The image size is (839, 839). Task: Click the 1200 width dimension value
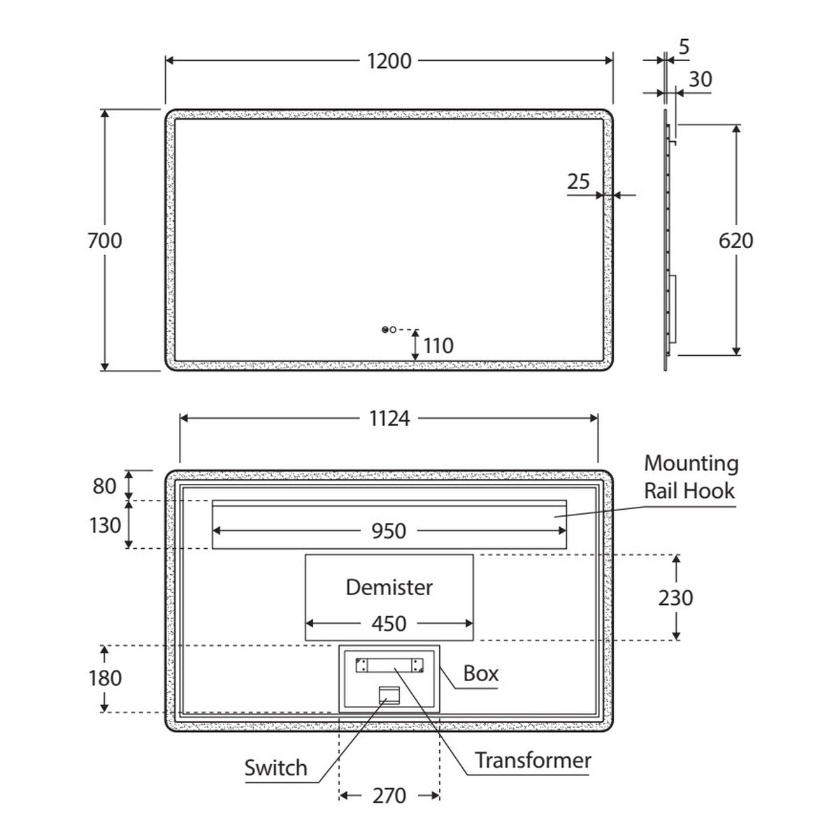(x=389, y=61)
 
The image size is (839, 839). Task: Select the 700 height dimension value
(x=104, y=241)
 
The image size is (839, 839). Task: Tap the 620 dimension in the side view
(x=736, y=241)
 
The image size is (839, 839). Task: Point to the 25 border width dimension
(x=578, y=181)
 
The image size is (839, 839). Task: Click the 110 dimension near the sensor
(x=438, y=345)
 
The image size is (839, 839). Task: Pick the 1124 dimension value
(x=389, y=419)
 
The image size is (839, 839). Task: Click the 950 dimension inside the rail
(x=389, y=531)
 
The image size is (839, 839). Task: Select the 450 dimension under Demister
(x=389, y=624)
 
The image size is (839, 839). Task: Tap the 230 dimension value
(x=675, y=598)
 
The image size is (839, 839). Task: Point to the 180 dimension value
(x=105, y=678)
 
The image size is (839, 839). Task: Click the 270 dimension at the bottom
(x=389, y=796)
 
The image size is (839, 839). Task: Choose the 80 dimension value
(x=104, y=486)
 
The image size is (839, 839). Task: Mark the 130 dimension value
(x=105, y=525)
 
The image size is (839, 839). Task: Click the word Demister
(x=389, y=587)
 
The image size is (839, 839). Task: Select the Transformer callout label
(x=533, y=760)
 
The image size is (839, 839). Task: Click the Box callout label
(x=480, y=673)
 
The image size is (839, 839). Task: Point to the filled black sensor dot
(x=385, y=329)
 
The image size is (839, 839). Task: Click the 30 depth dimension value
(x=701, y=79)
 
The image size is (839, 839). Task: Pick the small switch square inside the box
(x=389, y=695)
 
